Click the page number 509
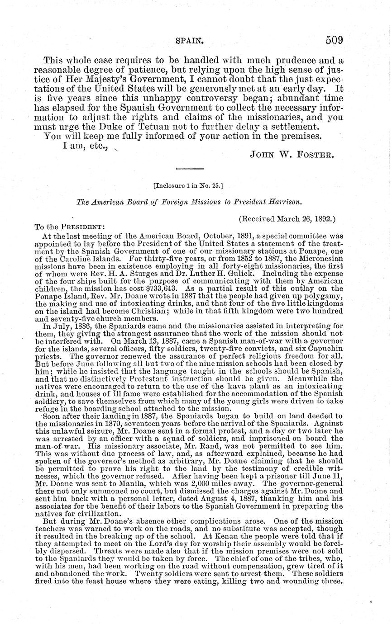pos(334,40)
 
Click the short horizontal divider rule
pos(189,169)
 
